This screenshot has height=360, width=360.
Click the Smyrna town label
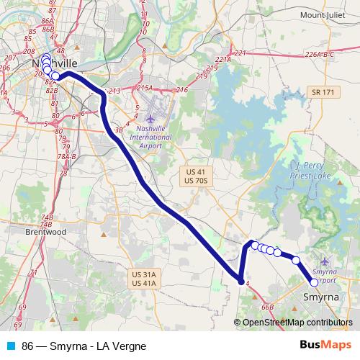click(322, 296)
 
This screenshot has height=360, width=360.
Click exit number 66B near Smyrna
click(268, 307)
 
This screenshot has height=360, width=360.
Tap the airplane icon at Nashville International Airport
click(150, 118)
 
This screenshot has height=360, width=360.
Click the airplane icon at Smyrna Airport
click(325, 261)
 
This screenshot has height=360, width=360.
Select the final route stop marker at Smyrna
click(314, 282)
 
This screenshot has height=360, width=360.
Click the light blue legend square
click(9, 346)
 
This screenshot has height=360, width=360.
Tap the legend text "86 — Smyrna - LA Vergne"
click(84, 346)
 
